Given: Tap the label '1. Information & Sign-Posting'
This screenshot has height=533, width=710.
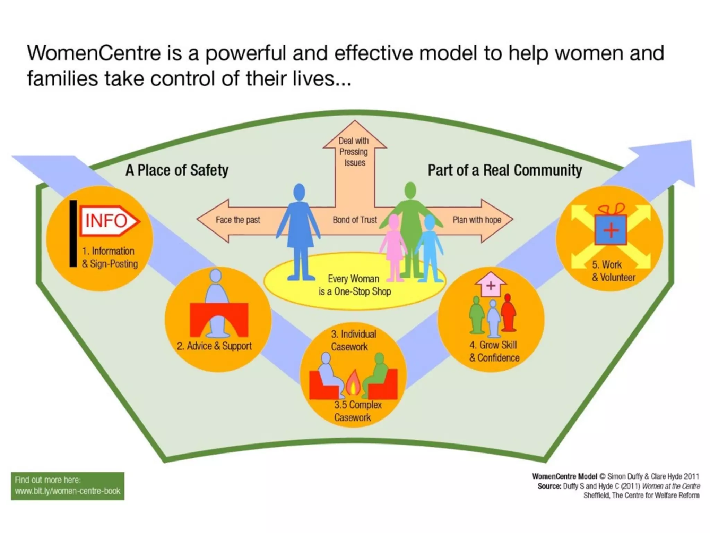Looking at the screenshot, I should pyautogui.click(x=110, y=257).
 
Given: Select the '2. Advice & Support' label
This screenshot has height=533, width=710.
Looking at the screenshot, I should pyautogui.click(x=214, y=346).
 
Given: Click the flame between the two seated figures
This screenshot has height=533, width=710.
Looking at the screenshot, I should pyautogui.click(x=353, y=383).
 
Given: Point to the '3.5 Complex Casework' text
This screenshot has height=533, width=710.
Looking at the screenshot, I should pyautogui.click(x=357, y=411).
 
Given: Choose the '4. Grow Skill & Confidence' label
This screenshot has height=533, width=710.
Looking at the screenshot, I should pyautogui.click(x=494, y=351).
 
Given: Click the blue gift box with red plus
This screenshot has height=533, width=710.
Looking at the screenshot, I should pyautogui.click(x=611, y=229).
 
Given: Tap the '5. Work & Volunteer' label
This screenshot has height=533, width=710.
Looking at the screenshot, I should pyautogui.click(x=613, y=271).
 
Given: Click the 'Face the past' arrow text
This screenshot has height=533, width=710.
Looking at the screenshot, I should pyautogui.click(x=238, y=220).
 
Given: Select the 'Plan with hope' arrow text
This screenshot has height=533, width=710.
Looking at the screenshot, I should pyautogui.click(x=477, y=220).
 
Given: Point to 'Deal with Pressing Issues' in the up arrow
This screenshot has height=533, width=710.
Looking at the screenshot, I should pyautogui.click(x=354, y=152).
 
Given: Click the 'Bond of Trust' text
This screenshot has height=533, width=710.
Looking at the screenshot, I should pyautogui.click(x=354, y=220).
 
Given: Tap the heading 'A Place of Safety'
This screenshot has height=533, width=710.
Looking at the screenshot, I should pyautogui.click(x=177, y=170).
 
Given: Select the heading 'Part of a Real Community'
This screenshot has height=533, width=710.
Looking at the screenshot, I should pyautogui.click(x=504, y=170).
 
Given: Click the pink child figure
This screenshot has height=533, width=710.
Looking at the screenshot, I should pyautogui.click(x=394, y=246).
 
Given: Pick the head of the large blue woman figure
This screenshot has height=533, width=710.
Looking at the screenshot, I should pyautogui.click(x=299, y=192).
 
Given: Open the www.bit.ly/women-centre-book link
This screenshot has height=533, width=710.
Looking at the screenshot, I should pyautogui.click(x=68, y=491).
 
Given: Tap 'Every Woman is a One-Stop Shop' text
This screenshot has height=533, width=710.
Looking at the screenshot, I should pyautogui.click(x=354, y=285).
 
